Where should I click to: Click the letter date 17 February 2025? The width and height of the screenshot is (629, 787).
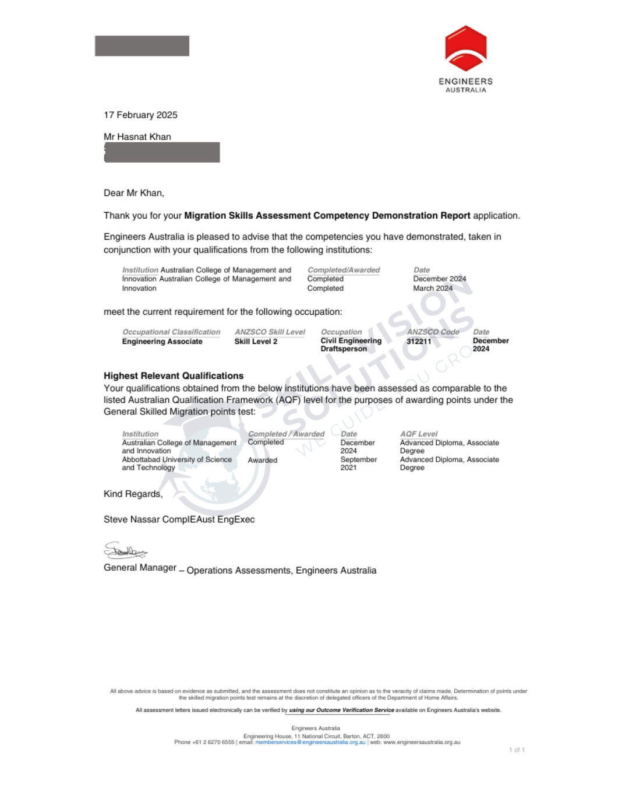[140, 115]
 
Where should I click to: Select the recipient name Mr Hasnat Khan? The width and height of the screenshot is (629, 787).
[137, 137]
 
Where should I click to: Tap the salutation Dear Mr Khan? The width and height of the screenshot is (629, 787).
[134, 193]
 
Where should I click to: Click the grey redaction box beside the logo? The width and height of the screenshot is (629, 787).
[142, 46]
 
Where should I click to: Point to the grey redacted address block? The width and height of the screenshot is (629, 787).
[162, 152]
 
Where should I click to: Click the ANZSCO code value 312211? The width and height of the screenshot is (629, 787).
[419, 342]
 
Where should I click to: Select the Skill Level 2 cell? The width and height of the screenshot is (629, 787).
[256, 342]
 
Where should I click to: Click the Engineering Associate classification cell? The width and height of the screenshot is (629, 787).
[162, 342]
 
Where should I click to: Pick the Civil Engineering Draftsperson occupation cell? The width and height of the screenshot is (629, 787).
[351, 345]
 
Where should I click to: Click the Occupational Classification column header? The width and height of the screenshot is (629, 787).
[171, 332]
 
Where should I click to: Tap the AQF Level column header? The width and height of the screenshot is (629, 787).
[419, 434]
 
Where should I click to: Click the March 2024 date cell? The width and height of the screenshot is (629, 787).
[433, 288]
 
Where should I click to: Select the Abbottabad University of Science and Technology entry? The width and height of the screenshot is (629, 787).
[176, 463]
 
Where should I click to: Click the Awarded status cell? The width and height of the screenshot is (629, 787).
[263, 460]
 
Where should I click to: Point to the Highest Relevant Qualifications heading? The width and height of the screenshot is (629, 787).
[174, 376]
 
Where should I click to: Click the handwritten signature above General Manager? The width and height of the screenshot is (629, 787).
[125, 550]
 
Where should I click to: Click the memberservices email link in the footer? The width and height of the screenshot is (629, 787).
[310, 742]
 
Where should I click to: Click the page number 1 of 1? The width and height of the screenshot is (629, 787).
[517, 750]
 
